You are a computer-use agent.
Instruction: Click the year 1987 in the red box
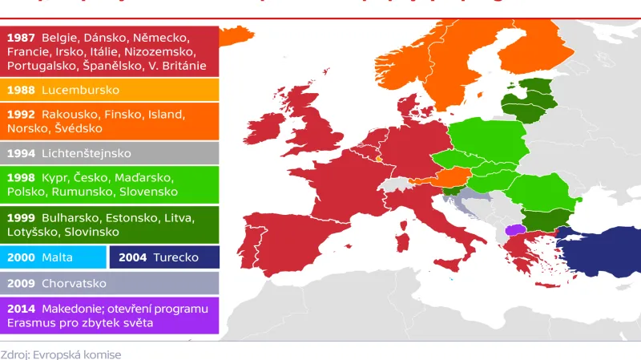click(22, 38)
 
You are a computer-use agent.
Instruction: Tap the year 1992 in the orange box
click(22, 115)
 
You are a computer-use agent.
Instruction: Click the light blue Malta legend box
click(54, 257)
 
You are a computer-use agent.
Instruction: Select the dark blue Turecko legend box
click(164, 257)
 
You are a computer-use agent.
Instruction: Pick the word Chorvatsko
click(74, 283)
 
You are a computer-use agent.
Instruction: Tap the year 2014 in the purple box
click(22, 309)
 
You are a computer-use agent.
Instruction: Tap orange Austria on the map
click(451, 178)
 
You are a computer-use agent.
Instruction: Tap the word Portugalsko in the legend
click(39, 65)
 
